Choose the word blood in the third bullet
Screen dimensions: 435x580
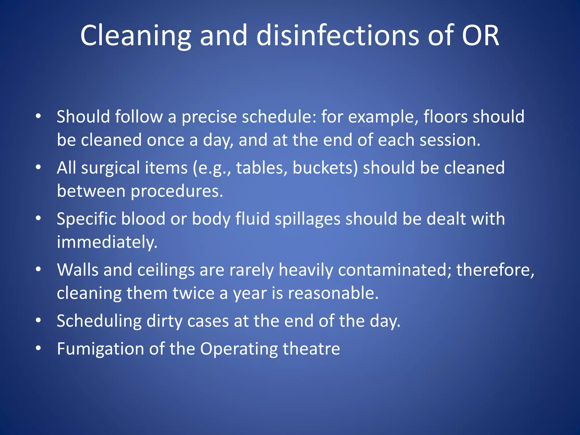click(x=143, y=219)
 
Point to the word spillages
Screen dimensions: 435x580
click(x=307, y=219)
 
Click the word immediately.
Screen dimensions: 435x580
click(x=107, y=242)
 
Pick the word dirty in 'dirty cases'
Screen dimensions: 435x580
click(x=164, y=321)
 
